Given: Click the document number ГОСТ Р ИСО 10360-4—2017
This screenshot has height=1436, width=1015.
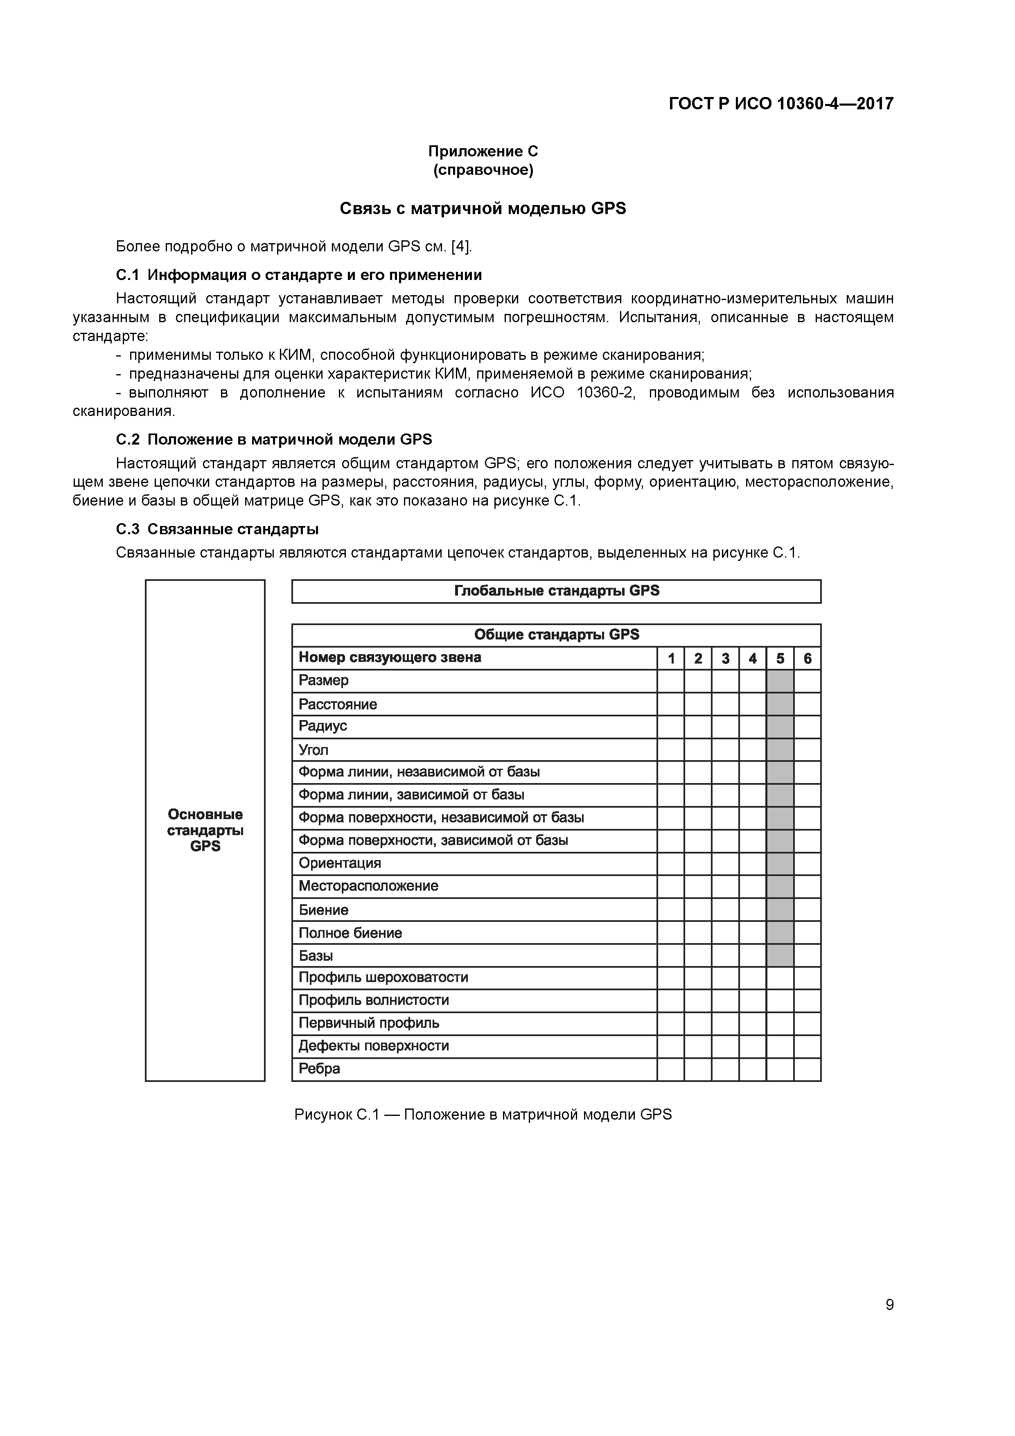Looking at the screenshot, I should [780, 103].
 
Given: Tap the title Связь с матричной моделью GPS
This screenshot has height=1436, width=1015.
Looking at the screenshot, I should [483, 208].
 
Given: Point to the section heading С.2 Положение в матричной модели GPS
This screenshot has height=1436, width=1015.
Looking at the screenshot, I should [274, 440].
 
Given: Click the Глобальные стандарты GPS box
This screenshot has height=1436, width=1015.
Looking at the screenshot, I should [556, 591].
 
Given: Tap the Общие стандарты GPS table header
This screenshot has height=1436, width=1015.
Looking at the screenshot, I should [556, 635].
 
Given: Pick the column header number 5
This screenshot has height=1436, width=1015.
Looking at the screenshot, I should [780, 659].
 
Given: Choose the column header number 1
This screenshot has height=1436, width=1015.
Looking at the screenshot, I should [671, 659].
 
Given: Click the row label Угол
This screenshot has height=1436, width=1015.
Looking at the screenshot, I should [314, 750].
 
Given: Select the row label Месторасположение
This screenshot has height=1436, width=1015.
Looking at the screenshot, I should [368, 886].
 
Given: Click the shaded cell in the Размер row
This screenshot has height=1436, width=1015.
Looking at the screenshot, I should [780, 681].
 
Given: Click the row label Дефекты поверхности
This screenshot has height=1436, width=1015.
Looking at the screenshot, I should [373, 1046].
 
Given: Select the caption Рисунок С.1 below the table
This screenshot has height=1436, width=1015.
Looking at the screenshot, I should [483, 1115].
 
